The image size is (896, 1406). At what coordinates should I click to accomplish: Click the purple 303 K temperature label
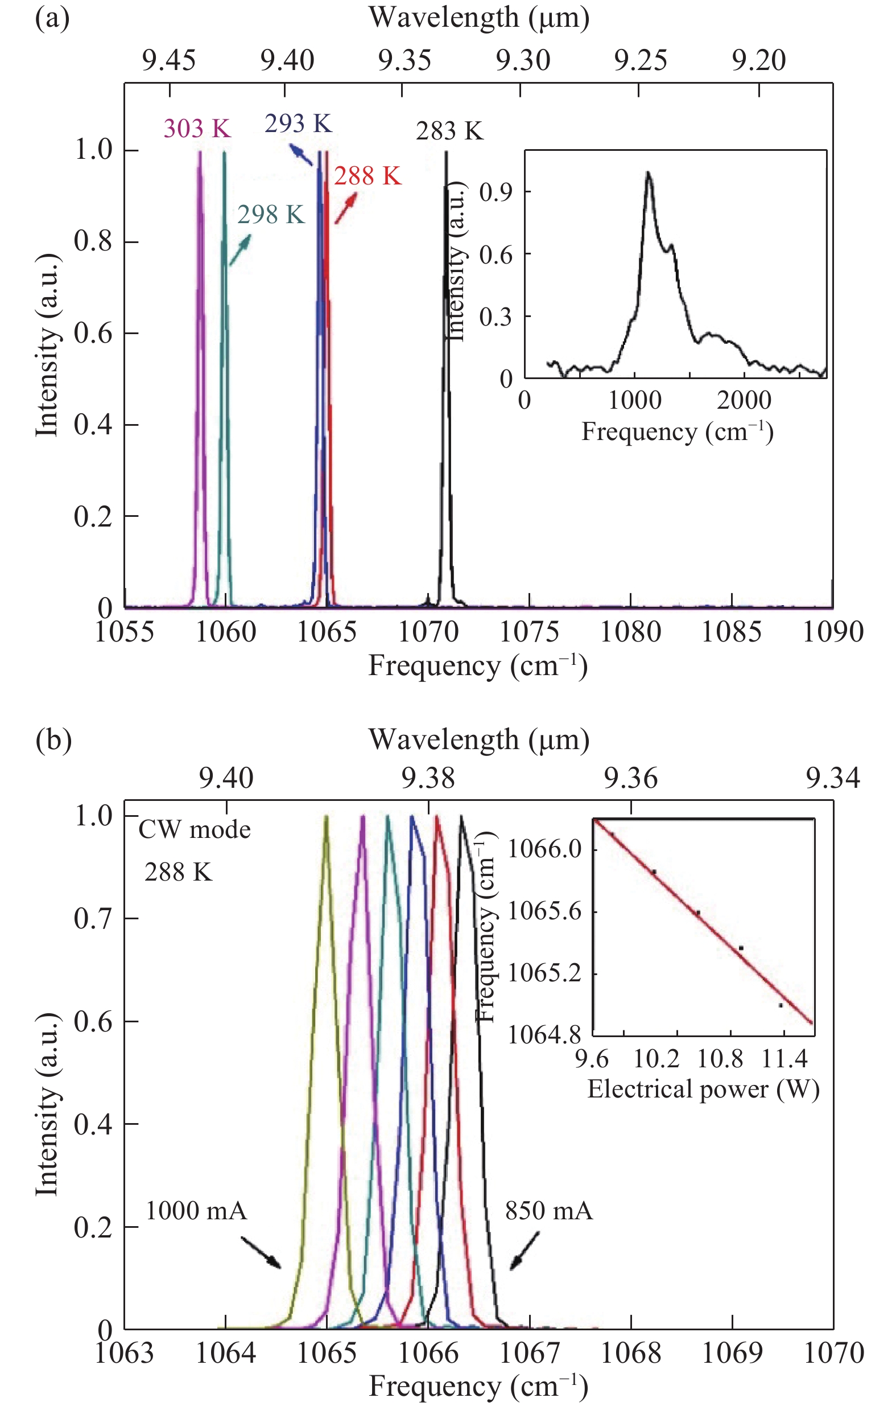[x=197, y=129]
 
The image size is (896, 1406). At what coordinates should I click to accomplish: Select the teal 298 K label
[x=271, y=216]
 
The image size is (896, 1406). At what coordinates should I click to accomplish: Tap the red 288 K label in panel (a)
[x=368, y=176]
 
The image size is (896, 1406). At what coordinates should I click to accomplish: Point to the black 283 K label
[x=449, y=131]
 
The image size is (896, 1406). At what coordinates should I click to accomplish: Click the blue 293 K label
[x=298, y=124]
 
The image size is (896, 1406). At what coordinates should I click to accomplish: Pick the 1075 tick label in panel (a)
[x=530, y=632]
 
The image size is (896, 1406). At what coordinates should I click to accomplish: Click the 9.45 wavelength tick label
[x=170, y=61]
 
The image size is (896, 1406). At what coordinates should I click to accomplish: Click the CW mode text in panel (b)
[x=195, y=830]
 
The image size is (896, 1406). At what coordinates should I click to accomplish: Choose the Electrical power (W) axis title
[x=703, y=1089]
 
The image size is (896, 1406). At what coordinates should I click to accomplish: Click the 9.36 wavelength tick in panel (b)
[x=630, y=778]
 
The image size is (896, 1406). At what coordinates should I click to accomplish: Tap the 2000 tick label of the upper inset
[x=744, y=401]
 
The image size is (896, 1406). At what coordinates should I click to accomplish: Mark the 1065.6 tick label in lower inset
[x=544, y=912]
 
